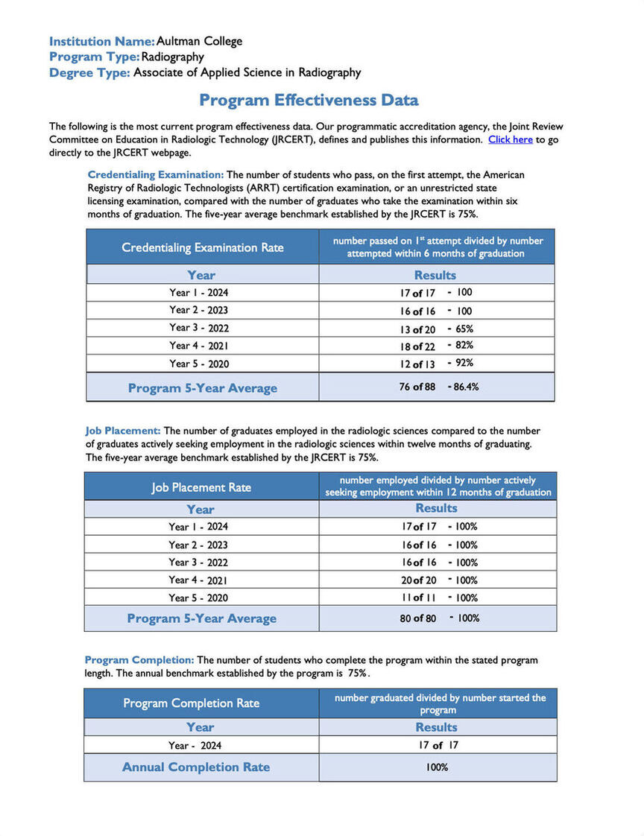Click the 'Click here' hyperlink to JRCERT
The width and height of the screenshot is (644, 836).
[x=510, y=139]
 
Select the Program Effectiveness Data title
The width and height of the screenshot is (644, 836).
[x=309, y=100]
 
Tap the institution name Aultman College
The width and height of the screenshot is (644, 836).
[x=199, y=41]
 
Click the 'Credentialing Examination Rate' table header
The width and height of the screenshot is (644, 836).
[x=203, y=247]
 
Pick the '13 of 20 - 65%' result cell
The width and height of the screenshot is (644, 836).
[x=436, y=329]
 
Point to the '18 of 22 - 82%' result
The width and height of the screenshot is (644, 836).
[x=436, y=346]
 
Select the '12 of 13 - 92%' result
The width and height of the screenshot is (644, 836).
[x=436, y=364]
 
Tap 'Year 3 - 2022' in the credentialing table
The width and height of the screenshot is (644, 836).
[x=198, y=328]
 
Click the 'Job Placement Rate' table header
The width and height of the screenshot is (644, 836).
[x=201, y=487]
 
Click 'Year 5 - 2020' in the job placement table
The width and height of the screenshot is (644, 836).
[x=198, y=598]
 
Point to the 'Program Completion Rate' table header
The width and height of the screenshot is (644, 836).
[x=192, y=703]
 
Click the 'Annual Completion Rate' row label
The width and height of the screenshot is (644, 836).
[x=196, y=767]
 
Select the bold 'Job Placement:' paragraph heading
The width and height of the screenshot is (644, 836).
[x=123, y=431]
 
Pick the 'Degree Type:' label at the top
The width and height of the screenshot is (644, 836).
[x=89, y=72]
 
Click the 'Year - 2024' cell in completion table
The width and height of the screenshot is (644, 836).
[x=195, y=745]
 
